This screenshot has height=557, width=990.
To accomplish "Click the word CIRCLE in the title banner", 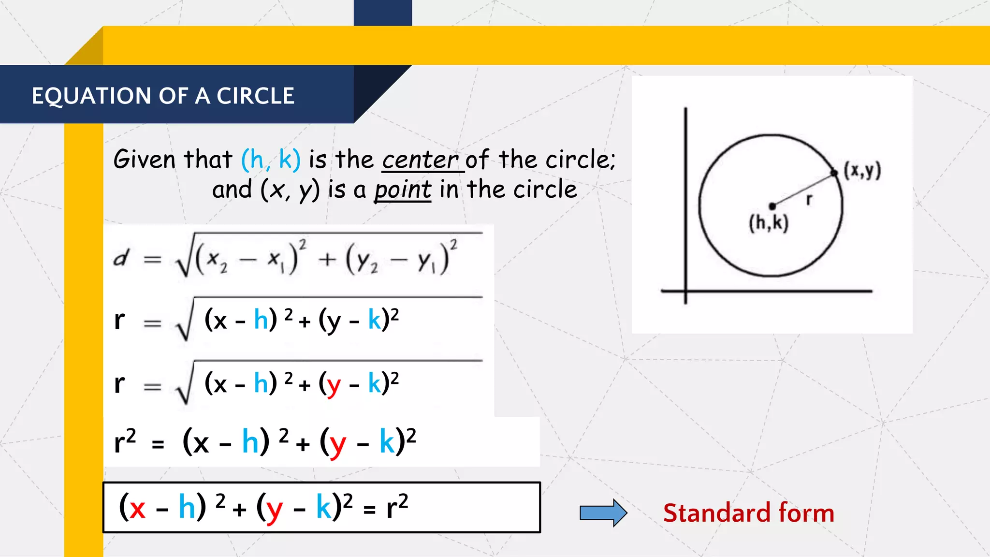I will (x=255, y=96).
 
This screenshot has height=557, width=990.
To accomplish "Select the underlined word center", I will (x=420, y=160).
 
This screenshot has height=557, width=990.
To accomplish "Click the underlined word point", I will (x=403, y=190).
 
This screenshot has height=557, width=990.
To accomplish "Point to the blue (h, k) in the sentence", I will (x=271, y=160).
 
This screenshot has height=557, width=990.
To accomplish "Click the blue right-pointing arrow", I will (x=603, y=513).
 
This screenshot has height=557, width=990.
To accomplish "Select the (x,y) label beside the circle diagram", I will (x=862, y=171).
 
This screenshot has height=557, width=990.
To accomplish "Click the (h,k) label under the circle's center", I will (x=769, y=223).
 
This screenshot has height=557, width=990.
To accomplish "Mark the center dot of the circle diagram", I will (x=772, y=206).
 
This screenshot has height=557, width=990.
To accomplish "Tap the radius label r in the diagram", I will (x=809, y=199).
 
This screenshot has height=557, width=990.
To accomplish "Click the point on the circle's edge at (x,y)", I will (x=834, y=173).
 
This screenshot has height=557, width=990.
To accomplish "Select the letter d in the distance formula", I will (x=121, y=258).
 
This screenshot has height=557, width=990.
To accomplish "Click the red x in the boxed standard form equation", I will (x=137, y=508).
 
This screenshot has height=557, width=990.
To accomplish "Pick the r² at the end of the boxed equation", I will (x=397, y=507).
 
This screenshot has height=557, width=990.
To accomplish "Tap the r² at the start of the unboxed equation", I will (x=125, y=441).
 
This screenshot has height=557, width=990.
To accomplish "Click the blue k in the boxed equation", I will (x=323, y=507).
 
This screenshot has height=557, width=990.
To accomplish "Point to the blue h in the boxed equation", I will (x=187, y=507).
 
